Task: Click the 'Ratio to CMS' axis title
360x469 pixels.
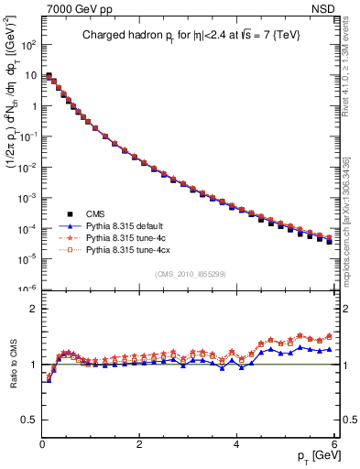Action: pos(12,365)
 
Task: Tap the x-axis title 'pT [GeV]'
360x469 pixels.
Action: pos(313,455)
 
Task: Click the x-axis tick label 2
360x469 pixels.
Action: pos(139,443)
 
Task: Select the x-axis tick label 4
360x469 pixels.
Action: pos(236,443)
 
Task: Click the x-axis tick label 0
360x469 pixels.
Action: pos(42,443)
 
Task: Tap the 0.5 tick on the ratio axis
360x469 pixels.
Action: pos(29,420)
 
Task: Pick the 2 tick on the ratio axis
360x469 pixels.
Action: pos(33,309)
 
